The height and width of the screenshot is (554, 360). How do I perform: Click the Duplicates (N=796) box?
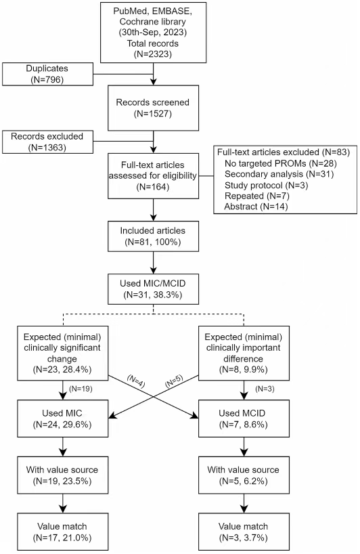47,74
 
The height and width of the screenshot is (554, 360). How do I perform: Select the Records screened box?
153,108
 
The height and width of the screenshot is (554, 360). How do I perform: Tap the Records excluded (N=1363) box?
47,142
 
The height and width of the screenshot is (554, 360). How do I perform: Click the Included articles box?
153,236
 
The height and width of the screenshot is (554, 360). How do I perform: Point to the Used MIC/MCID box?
153,289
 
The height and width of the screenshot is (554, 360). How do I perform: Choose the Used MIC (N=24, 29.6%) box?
63,419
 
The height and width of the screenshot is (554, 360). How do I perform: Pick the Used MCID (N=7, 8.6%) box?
244,419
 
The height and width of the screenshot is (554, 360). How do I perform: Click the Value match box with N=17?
63,532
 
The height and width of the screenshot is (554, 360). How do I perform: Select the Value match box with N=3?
244,532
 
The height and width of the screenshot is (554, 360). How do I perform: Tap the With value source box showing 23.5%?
63,475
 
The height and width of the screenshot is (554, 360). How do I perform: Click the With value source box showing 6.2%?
244,475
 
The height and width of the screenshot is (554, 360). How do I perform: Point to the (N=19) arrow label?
81,389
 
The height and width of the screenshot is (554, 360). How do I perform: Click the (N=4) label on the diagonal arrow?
136,381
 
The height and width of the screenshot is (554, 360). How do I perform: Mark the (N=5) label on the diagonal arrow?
174,381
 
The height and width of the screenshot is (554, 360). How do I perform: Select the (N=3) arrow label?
265,389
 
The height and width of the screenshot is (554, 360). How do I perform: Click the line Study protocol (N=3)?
266,185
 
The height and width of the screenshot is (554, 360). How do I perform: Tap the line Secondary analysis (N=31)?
279,174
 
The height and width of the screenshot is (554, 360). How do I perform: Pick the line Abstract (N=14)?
256,207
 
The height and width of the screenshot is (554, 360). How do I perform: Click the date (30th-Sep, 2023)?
153,33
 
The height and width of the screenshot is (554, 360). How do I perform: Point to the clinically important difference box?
244,353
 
